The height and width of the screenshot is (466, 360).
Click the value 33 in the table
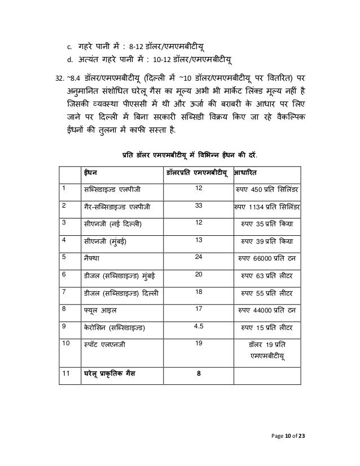[198, 205]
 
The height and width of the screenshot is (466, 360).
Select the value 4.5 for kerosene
[199, 327]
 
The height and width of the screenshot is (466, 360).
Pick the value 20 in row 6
[199, 275]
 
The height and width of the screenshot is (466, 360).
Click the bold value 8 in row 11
[199, 373]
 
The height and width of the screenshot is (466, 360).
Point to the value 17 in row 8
[199, 309]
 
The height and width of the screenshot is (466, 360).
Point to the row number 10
[66, 343]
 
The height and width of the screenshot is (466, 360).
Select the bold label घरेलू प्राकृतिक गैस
[112, 373]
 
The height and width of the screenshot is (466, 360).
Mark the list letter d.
[69, 60]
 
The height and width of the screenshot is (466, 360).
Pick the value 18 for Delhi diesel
[199, 292]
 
